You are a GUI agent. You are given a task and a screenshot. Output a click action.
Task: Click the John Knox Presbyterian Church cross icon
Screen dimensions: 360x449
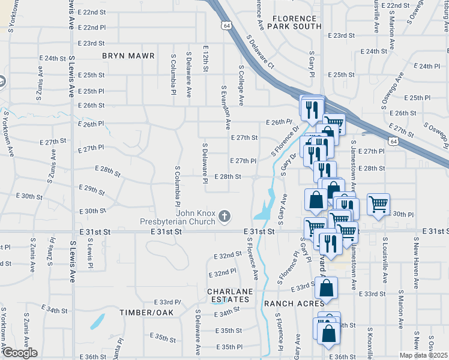[224, 216]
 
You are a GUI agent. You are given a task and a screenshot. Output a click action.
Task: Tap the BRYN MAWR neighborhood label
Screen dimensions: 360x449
[128, 56]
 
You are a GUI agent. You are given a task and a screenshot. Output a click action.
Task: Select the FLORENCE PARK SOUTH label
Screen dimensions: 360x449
[294, 22]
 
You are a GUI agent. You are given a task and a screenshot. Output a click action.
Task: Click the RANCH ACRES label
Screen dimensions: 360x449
[291, 304]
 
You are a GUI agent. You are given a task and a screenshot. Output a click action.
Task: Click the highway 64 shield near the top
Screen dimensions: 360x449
[226, 26]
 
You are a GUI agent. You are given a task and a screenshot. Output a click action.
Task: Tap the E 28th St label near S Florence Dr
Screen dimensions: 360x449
[228, 177]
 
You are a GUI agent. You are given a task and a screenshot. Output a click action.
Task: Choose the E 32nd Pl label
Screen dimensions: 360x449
[222, 273]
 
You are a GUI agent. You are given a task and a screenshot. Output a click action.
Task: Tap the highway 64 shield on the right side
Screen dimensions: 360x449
[392, 141]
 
